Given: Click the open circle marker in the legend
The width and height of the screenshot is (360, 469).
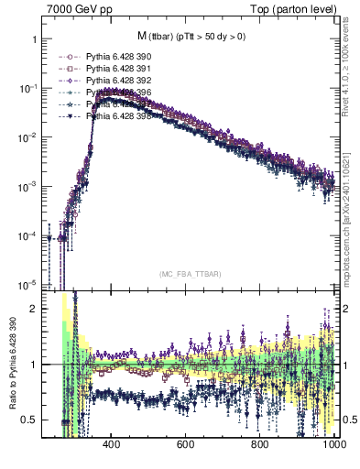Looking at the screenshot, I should (67, 55).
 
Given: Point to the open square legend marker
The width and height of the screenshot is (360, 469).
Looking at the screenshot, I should (67, 68).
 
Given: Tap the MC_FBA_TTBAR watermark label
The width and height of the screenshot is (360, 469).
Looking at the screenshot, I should (190, 274).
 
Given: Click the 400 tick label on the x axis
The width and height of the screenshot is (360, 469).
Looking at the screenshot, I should (112, 445).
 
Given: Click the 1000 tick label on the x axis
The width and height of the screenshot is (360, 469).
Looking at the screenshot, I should (332, 445).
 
